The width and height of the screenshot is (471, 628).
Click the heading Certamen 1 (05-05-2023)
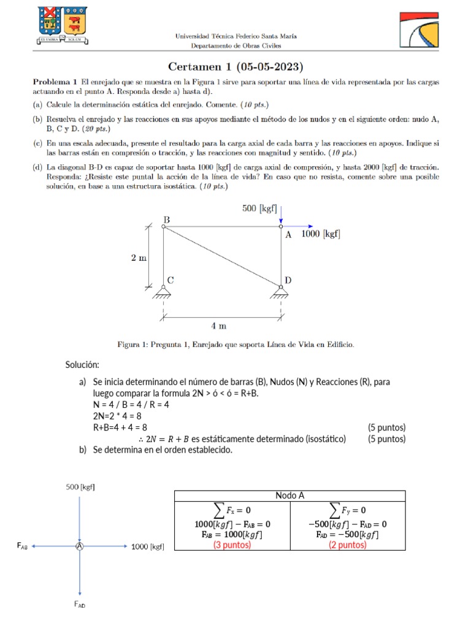[236, 66]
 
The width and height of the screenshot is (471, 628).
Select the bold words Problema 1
[55, 81]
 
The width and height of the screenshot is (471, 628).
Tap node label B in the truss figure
[166, 219]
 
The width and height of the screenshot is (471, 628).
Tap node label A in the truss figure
[289, 234]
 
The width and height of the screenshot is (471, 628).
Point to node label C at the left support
[170, 280]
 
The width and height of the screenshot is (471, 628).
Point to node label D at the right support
[288, 280]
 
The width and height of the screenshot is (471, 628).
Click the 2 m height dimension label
[139, 258]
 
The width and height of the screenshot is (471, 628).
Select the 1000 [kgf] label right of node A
[321, 234]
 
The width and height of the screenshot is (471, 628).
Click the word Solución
[83, 366]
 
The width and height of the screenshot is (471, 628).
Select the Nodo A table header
[289, 496]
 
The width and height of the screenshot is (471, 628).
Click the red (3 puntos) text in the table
[232, 545]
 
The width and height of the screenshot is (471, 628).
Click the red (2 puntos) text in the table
[347, 545]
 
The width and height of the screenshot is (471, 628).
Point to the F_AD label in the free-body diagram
[80, 605]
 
